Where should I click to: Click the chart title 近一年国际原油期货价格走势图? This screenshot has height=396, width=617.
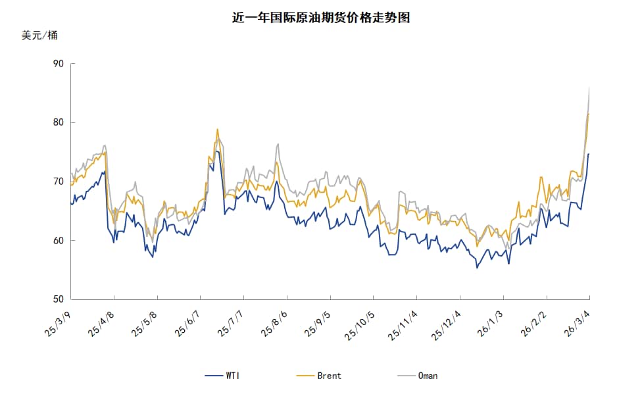(x=321, y=18)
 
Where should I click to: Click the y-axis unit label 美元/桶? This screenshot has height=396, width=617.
(x=39, y=36)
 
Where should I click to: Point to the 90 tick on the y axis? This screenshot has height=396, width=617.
(x=58, y=64)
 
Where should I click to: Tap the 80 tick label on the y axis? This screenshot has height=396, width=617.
(x=58, y=122)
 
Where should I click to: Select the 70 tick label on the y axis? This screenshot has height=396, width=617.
(x=58, y=182)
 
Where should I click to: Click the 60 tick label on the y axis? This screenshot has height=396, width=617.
(x=58, y=241)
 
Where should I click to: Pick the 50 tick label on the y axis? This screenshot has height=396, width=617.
(x=58, y=299)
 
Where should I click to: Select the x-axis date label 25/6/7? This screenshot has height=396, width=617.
(x=189, y=322)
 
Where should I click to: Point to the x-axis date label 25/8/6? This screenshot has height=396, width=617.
(x=275, y=322)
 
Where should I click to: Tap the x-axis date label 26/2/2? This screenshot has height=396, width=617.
(x=534, y=322)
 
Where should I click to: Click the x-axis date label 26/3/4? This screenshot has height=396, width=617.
(x=577, y=322)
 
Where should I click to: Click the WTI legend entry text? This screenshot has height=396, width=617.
(x=233, y=376)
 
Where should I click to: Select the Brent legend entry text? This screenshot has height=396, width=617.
(x=329, y=376)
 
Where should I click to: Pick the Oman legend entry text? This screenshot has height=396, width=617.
(x=428, y=376)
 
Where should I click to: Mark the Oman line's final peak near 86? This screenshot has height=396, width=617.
(x=589, y=87)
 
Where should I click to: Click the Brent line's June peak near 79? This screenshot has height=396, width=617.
(x=217, y=130)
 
